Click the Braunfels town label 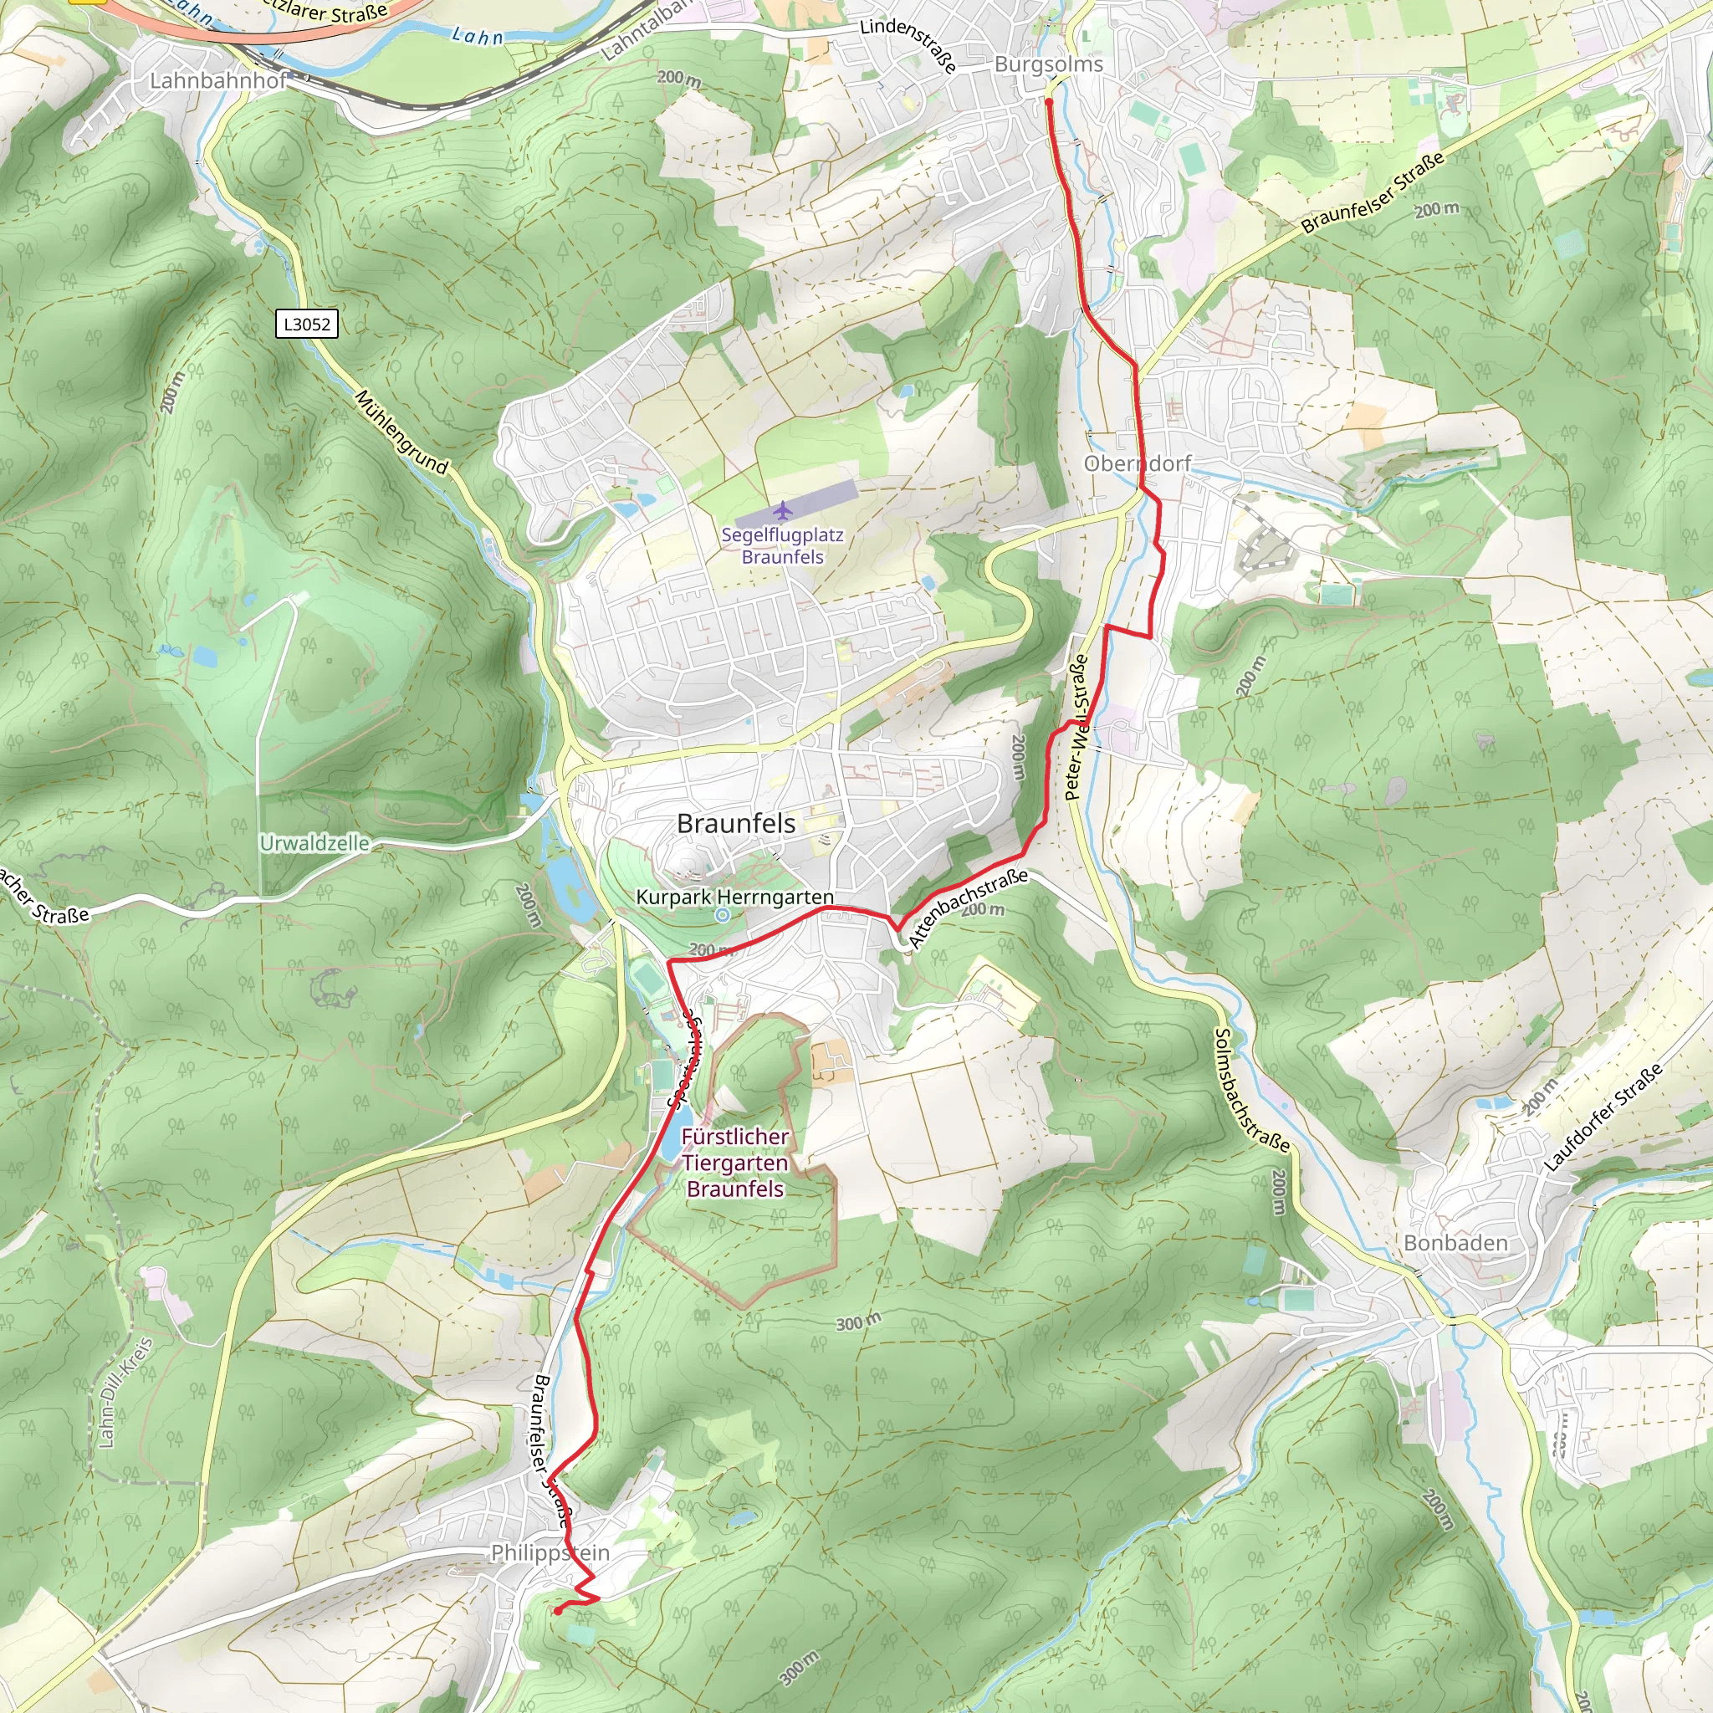(736, 823)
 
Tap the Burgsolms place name (1049, 64)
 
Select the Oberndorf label (1138, 463)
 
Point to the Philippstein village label (550, 1552)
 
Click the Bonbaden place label (1455, 1243)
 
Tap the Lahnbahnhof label (218, 80)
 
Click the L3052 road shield (307, 324)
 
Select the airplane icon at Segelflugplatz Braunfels (782, 511)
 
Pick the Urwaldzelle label (314, 842)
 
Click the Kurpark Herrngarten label (734, 897)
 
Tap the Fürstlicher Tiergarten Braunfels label (735, 1162)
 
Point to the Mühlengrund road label (401, 432)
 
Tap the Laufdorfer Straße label (1604, 1117)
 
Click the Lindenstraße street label (910, 44)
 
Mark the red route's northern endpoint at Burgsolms (1048, 103)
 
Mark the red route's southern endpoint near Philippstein (557, 1611)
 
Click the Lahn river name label (477, 36)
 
